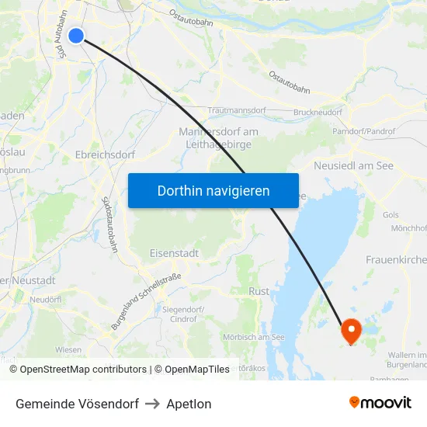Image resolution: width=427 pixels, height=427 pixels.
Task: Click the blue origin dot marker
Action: (x=76, y=35)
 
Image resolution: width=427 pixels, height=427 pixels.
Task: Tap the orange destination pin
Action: (x=351, y=331)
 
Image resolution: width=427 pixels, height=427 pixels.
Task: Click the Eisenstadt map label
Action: (x=174, y=253)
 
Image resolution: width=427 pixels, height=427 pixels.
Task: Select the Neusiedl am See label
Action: (x=353, y=165)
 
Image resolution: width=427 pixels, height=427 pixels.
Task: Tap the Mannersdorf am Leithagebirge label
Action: (x=218, y=137)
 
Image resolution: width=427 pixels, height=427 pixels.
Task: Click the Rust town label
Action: (x=259, y=291)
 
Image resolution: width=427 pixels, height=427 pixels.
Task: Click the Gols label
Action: (x=391, y=214)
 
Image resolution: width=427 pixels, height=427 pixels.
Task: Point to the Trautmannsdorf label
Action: (x=236, y=111)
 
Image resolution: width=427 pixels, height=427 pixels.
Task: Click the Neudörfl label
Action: (x=45, y=299)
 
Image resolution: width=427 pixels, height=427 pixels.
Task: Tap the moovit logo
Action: (x=380, y=403)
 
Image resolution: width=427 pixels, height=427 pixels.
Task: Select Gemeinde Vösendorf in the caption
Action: (x=77, y=404)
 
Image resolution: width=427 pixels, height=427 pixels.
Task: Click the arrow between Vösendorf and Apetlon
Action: (x=151, y=404)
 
